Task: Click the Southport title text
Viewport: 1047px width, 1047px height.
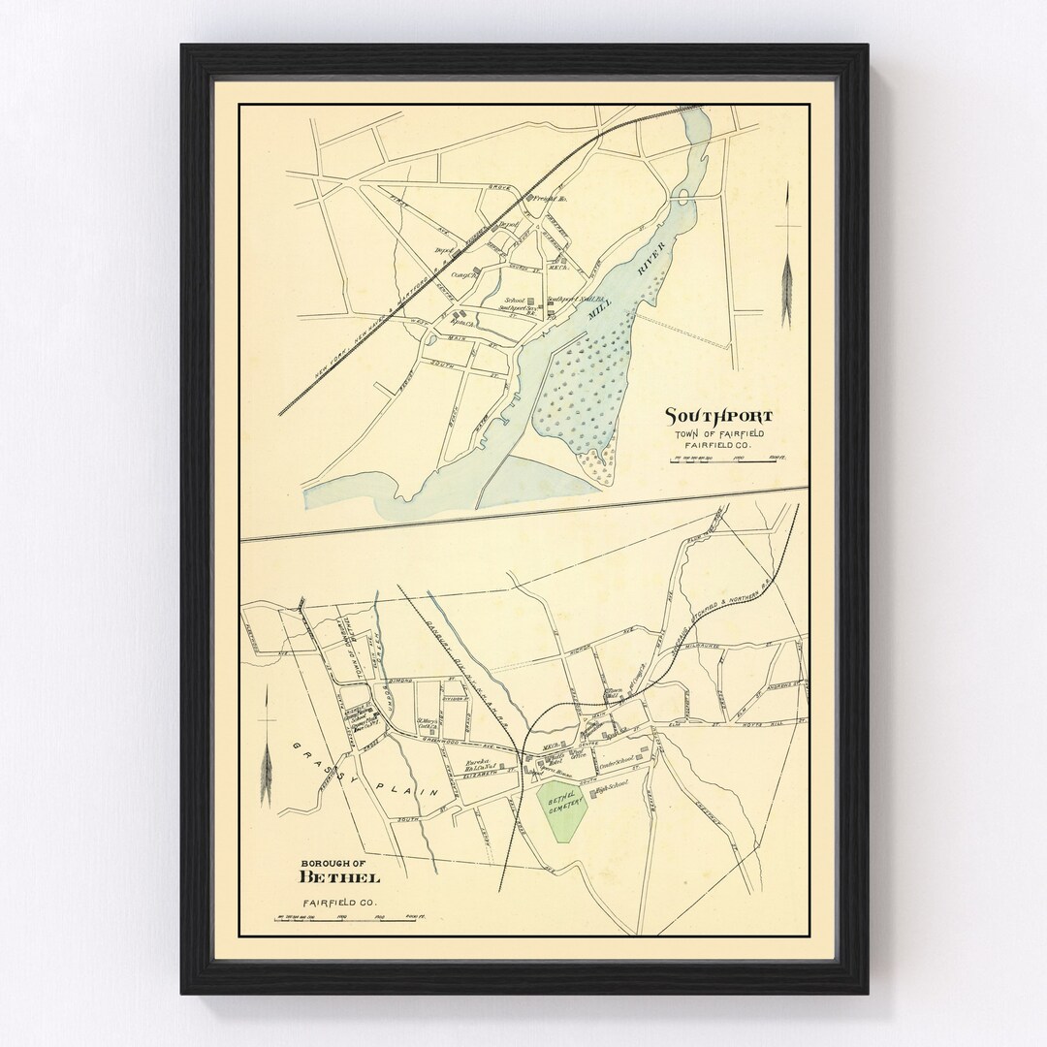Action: click(x=718, y=416)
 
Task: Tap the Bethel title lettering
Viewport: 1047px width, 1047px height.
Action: click(x=339, y=877)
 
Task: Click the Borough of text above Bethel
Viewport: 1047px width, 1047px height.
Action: click(x=331, y=862)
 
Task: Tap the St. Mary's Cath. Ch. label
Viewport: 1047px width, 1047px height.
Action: click(x=428, y=723)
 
